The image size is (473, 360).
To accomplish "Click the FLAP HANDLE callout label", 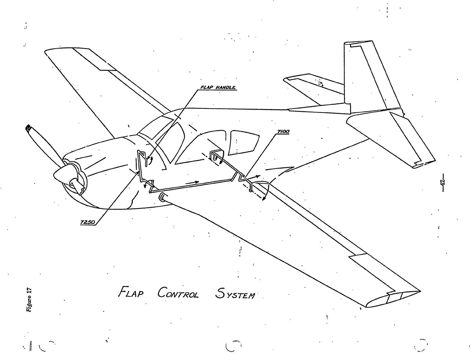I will click(218, 88).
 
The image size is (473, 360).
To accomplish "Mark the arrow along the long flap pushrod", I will click(192, 182).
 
